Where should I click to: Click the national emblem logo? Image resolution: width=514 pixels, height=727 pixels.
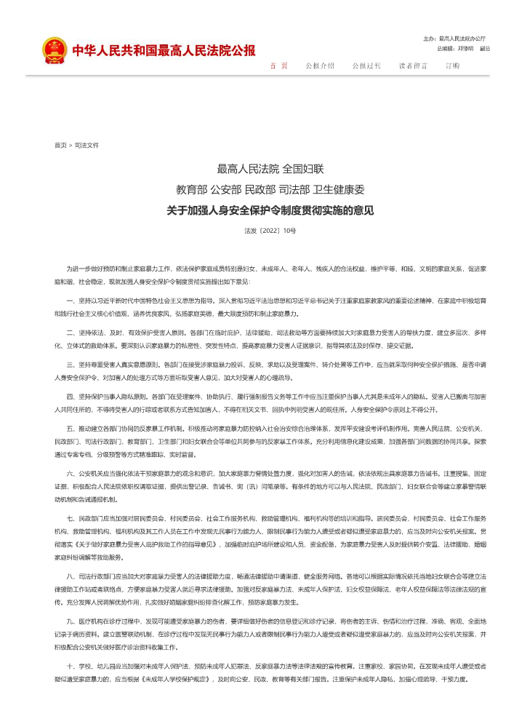click(x=54, y=50)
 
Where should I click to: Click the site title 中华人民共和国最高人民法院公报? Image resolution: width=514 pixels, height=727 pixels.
click(x=164, y=51)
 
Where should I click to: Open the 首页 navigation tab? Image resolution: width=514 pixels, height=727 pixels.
click(x=279, y=65)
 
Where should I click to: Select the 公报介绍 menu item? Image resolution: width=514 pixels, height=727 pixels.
click(x=320, y=65)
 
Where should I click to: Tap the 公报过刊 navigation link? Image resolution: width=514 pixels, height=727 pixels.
click(x=366, y=65)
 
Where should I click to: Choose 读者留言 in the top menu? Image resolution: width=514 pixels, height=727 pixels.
click(x=413, y=65)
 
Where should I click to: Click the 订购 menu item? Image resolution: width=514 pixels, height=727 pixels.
click(x=452, y=65)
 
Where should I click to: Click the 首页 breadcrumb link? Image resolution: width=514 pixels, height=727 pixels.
click(x=60, y=145)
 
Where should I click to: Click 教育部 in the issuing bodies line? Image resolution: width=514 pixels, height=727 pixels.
click(x=191, y=190)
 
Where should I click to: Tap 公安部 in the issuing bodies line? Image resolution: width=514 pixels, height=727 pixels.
click(x=225, y=190)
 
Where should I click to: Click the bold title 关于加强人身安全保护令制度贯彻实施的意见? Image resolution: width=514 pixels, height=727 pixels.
click(x=270, y=211)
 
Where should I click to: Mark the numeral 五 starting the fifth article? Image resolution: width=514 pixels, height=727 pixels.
click(x=69, y=429)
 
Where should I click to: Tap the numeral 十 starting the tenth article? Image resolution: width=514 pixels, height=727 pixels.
click(x=69, y=666)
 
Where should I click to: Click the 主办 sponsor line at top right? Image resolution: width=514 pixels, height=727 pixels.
click(x=454, y=38)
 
